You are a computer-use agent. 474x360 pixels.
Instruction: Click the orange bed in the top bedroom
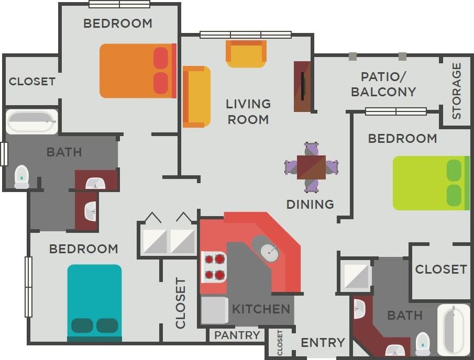[137, 71]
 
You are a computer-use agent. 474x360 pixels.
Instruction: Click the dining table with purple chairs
[311, 167]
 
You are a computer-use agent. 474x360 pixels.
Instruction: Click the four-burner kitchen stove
[214, 266]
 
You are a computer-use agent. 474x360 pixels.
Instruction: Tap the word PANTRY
[237, 335]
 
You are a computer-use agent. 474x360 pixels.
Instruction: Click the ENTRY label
[323, 343]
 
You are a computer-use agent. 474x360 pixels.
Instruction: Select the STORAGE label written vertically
[457, 91]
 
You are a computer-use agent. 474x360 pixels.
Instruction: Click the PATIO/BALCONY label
[383, 84]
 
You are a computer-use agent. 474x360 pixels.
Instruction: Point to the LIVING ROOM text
[248, 111]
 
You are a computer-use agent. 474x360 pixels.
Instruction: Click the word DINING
[310, 204]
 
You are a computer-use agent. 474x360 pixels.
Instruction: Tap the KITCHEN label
[261, 309]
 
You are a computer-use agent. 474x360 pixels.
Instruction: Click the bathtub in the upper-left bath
[31, 121]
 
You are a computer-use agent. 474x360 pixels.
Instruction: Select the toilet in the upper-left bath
[21, 177]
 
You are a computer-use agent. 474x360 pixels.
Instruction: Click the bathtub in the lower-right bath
[454, 330]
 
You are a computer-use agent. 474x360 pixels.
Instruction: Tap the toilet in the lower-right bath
[422, 343]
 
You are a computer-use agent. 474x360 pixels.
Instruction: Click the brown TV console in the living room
[302, 86]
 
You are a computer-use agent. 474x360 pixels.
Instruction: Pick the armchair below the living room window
[246, 53]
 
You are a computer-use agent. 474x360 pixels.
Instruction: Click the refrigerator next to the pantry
[214, 310]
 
